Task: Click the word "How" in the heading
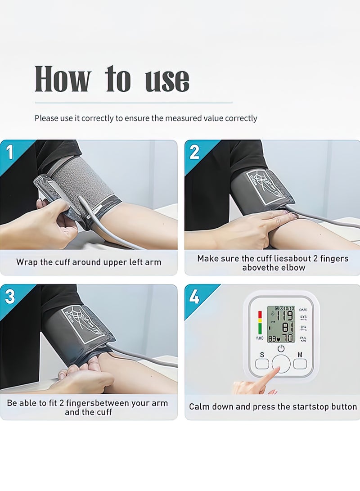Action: point(63,79)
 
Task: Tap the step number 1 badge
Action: point(9,152)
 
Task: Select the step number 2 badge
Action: point(194,152)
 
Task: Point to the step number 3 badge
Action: point(9,297)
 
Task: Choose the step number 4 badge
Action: point(194,297)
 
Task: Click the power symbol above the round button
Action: point(281,348)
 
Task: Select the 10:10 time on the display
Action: point(288,309)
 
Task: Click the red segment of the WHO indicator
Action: point(260,314)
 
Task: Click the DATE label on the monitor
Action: point(303,310)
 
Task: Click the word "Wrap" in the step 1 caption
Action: point(27,262)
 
